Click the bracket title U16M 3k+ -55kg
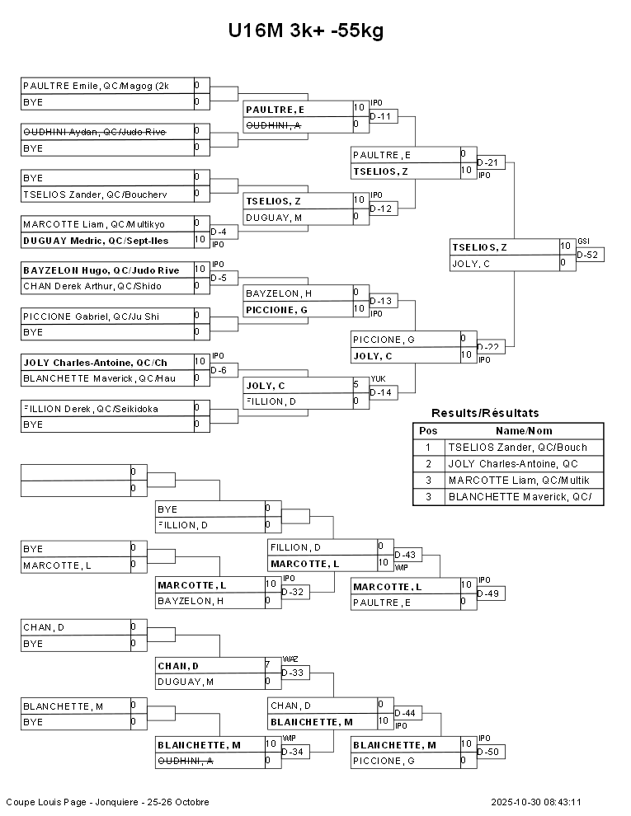pos(306,31)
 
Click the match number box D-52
pos(590,255)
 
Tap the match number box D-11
pos(384,116)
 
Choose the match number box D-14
pos(384,392)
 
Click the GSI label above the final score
pos(583,241)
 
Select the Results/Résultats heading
pos(485,413)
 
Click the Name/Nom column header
pos(524,431)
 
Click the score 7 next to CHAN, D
pos(267,664)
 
